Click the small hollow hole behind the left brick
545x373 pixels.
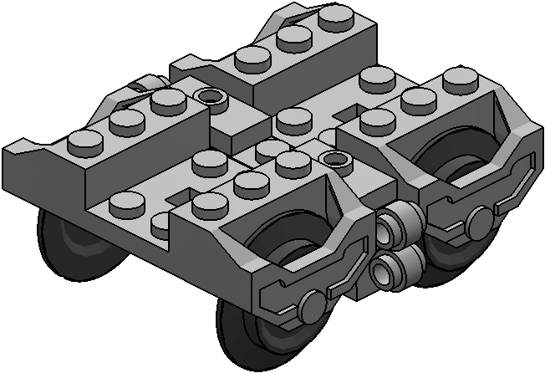tap(212, 97)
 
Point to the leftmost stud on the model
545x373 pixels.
tap(84, 141)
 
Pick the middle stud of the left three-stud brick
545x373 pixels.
tap(125, 121)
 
